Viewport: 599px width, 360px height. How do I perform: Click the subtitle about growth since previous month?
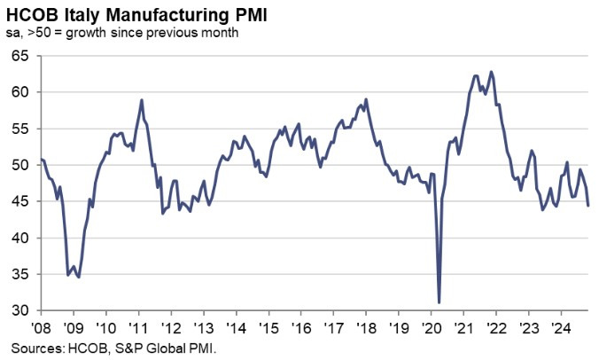coord(121,33)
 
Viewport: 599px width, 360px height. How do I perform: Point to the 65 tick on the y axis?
coord(20,56)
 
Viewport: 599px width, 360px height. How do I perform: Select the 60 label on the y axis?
coord(20,92)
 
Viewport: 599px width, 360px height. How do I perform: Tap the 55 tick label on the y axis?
coord(20,129)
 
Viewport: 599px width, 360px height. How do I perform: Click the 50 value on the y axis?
coord(20,165)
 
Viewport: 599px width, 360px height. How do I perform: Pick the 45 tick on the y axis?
coord(20,201)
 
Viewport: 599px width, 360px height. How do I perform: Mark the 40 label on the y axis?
coord(20,238)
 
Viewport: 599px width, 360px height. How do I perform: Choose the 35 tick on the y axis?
coord(20,274)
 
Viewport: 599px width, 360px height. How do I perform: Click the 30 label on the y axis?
coord(20,310)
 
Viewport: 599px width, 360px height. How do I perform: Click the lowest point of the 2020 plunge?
coord(440,302)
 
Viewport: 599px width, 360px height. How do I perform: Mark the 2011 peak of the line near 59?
coord(142,99)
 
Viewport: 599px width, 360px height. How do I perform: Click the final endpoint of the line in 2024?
coord(589,206)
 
